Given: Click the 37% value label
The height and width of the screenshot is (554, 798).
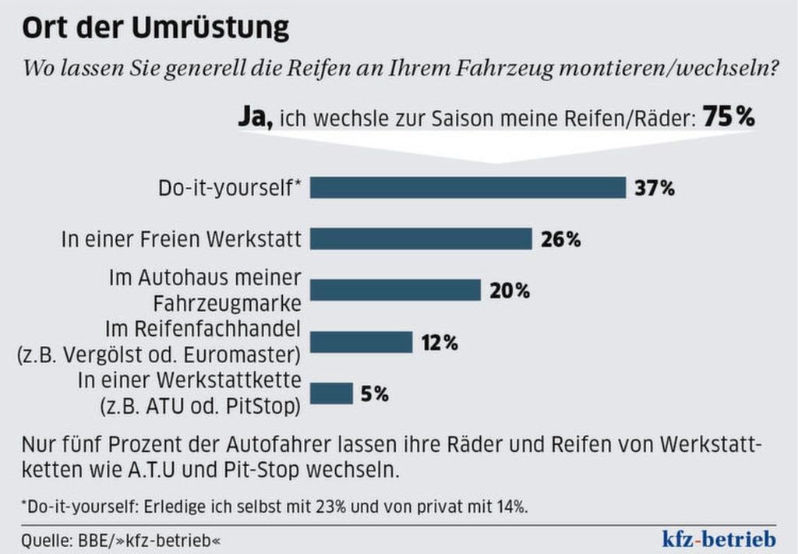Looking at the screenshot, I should click(x=655, y=189).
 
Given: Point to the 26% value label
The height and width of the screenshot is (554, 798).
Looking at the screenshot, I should click(x=561, y=239).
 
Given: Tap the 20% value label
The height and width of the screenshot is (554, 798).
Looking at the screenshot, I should click(x=510, y=291).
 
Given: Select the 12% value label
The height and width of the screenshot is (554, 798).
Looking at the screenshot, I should click(x=440, y=342).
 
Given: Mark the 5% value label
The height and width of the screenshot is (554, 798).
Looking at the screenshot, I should click(x=374, y=394).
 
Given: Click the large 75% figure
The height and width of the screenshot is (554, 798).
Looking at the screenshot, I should click(x=729, y=118).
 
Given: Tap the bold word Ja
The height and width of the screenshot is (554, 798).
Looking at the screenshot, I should click(x=255, y=118).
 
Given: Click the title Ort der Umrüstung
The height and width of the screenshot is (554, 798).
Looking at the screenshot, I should click(x=155, y=28).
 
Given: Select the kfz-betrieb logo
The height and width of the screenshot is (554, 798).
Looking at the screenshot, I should click(x=716, y=538).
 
